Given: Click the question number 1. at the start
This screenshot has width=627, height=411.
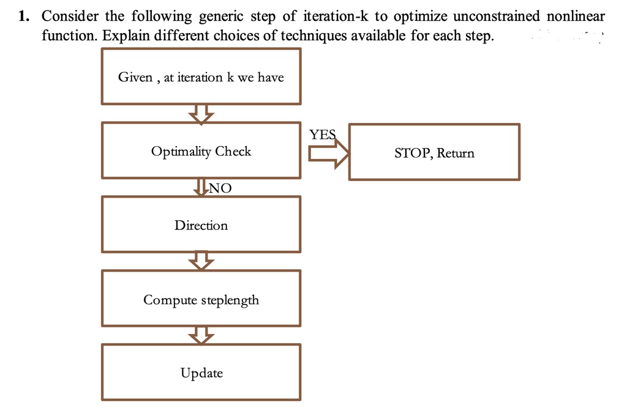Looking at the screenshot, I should tap(24, 17).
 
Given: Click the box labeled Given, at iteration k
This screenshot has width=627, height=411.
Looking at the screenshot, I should tap(201, 77).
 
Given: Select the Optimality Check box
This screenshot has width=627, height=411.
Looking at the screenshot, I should tap(201, 151).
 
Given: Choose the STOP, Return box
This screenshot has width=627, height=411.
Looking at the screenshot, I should tap(434, 153).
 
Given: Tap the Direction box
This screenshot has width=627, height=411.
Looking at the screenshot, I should tap(201, 225).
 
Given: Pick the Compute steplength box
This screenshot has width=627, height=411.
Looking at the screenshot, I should tap(201, 300).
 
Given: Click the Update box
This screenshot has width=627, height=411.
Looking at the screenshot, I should tap(201, 373).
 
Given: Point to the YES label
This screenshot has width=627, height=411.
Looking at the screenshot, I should tap(322, 135).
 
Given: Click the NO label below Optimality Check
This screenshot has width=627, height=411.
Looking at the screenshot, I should tap(220, 188).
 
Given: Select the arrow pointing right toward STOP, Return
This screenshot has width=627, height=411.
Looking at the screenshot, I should tap(328, 154).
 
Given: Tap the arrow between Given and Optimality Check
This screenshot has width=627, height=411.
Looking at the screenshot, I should tap(201, 113).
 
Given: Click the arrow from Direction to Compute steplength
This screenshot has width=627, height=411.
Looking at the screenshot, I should tap(201, 261).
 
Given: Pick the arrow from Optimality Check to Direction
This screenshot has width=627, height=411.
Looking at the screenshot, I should tap(201, 187).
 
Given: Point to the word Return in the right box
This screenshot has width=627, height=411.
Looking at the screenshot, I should tap(455, 153).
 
